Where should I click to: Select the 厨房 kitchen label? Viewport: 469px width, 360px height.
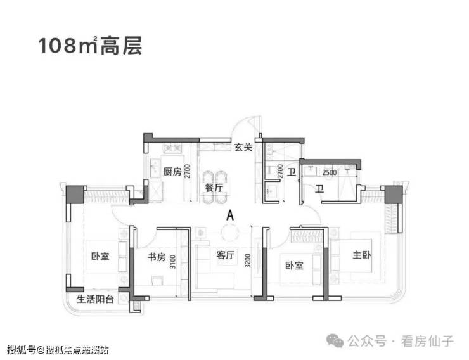[172, 172]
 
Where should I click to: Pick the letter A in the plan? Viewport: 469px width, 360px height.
[230, 215]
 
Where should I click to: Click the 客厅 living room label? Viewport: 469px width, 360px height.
[226, 256]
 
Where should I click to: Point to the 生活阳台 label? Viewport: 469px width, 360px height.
[96, 299]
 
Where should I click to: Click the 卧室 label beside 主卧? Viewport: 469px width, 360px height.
[293, 265]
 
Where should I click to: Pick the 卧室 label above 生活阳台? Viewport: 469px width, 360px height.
[101, 257]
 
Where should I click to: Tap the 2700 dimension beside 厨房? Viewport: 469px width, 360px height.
[188, 172]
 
